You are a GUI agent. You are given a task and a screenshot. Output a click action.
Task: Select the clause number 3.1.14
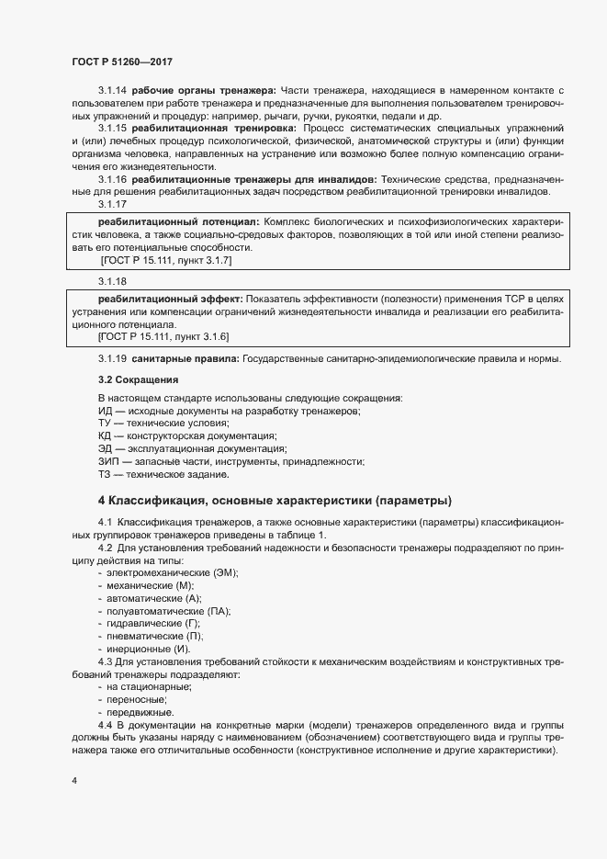(113, 90)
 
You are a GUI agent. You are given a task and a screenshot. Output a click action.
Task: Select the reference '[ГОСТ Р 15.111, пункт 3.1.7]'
(166, 262)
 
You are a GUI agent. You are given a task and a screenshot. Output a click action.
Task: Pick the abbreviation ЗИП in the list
(108, 461)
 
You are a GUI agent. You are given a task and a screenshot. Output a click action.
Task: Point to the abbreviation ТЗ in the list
(105, 475)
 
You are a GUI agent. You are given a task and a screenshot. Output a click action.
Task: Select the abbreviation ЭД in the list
(106, 448)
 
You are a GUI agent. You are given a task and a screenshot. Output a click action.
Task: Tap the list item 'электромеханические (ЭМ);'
(172, 572)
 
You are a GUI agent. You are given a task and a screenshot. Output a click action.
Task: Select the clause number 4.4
(107, 726)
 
